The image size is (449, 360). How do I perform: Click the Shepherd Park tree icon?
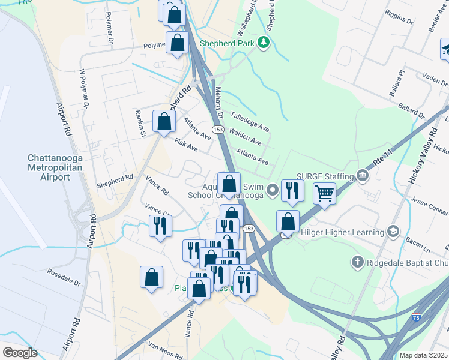pyautogui.click(x=263, y=42)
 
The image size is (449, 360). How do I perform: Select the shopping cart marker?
pyautogui.click(x=324, y=194)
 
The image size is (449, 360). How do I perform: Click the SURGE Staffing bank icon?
pyautogui.click(x=363, y=175)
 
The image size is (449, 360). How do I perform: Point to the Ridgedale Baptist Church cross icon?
pyautogui.click(x=357, y=262)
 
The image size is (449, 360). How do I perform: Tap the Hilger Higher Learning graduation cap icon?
pyautogui.click(x=393, y=232)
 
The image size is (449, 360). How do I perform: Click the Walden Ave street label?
pyautogui.click(x=246, y=138)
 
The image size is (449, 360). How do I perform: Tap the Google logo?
pyautogui.click(x=20, y=352)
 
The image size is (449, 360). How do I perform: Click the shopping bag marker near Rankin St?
pyautogui.click(x=164, y=122)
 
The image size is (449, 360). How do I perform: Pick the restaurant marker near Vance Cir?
pyautogui.click(x=160, y=226)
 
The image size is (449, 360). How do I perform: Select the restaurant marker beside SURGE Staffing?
pyautogui.click(x=292, y=191)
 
